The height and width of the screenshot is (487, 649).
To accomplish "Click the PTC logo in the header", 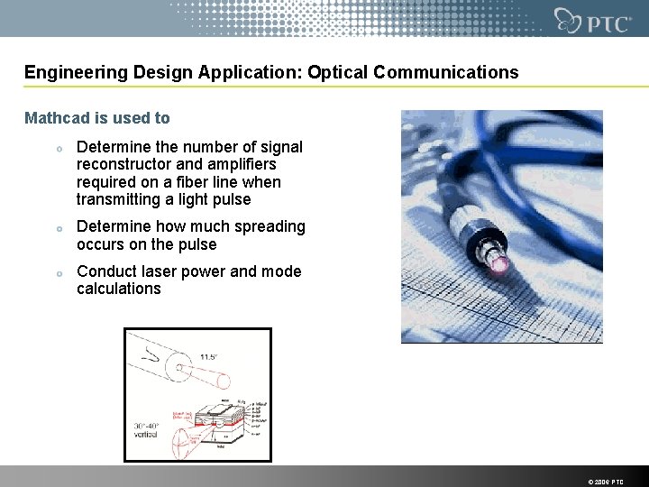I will tap(593, 20).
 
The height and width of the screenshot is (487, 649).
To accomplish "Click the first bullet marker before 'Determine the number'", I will tap(58, 149).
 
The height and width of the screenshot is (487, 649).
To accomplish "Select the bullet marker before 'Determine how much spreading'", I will tap(58, 228).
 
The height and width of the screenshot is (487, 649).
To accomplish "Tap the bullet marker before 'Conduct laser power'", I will tap(58, 273).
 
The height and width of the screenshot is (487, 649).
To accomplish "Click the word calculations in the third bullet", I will tap(119, 289).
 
